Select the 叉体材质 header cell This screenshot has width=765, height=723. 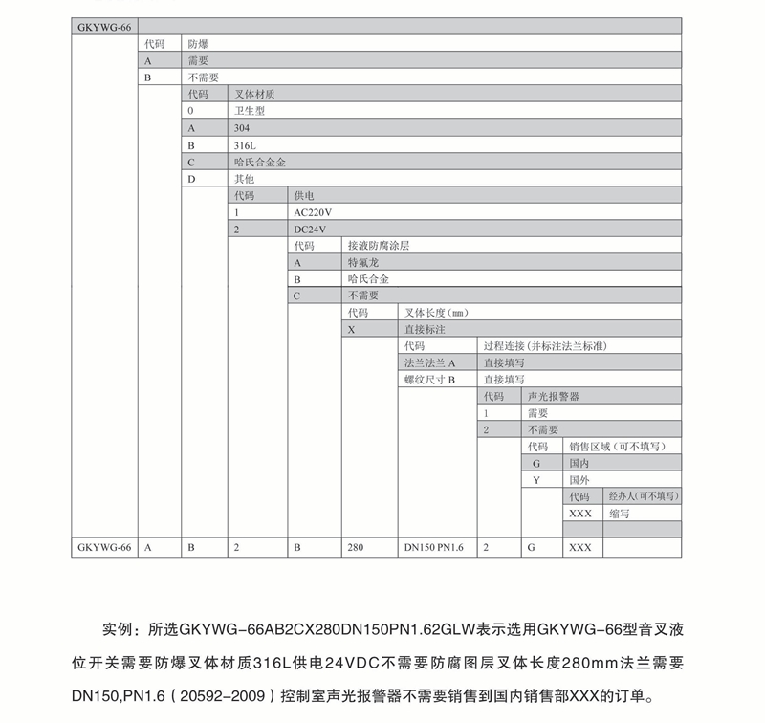point(252,94)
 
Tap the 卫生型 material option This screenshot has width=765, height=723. point(250,111)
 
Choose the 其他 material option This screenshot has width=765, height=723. point(246,178)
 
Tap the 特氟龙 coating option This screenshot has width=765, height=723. point(363,262)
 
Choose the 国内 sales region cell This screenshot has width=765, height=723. point(579,463)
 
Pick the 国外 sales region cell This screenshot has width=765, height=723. point(579,479)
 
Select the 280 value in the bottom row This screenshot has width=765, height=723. point(357,547)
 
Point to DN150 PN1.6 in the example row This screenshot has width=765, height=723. point(435,547)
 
